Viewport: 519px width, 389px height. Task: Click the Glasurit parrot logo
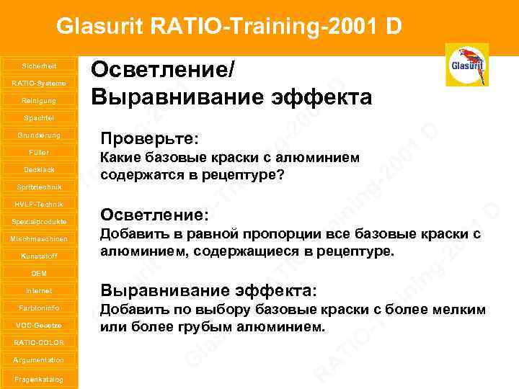point(466,65)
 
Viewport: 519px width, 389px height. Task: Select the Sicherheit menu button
point(39,66)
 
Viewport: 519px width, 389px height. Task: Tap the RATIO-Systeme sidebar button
point(39,83)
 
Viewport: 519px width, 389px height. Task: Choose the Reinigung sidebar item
point(39,100)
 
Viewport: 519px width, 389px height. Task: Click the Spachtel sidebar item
point(39,117)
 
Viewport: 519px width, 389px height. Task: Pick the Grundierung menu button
point(39,135)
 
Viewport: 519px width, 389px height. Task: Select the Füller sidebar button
point(39,153)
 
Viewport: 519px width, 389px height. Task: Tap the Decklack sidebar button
point(39,169)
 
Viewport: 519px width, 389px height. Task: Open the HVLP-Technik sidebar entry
point(39,205)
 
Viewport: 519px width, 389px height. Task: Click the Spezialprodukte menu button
point(39,221)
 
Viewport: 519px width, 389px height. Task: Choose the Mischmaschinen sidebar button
point(39,238)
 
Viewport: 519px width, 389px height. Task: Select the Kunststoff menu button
point(39,256)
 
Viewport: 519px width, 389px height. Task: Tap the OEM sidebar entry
point(39,274)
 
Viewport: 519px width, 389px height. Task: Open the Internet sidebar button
point(39,291)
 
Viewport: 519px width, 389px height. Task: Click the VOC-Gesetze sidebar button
point(39,325)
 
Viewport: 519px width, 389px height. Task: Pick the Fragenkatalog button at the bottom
point(39,379)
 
